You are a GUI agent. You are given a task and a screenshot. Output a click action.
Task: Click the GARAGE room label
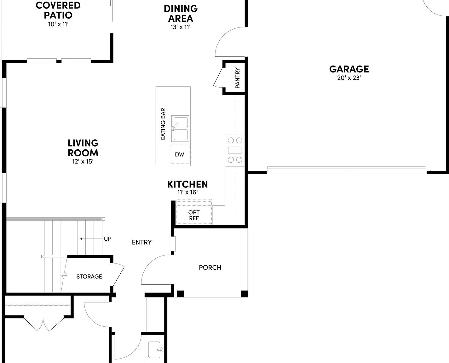coord(349,69)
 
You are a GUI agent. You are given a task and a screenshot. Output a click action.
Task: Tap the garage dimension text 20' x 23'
coord(349,78)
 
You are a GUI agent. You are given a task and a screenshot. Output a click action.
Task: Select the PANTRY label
coord(238,78)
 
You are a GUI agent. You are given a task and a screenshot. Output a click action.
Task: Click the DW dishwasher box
coord(180,154)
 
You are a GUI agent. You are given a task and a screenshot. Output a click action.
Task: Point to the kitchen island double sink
coord(180,129)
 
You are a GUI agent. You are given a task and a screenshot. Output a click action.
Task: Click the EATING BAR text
coord(163,124)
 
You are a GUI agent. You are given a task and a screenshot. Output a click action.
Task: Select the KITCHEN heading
coord(187,184)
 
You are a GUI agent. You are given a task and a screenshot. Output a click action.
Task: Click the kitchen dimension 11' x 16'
coord(187,192)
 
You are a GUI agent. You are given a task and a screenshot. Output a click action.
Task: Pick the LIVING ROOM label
coord(83,148)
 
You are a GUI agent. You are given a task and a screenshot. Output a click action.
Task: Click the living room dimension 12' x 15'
coord(83,161)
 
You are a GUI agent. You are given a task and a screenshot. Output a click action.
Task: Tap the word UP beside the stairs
coord(108,239)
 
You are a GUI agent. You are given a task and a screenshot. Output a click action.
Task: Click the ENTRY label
coord(142,242)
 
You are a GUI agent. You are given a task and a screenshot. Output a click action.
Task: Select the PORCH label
coord(210,268)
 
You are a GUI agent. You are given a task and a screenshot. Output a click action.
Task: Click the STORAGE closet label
coord(89,277)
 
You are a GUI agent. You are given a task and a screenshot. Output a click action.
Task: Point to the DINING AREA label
coord(181,14)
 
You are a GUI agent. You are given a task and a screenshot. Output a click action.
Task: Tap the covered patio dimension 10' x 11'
coord(58,24)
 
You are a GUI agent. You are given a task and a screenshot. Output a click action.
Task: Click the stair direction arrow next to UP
coord(91,239)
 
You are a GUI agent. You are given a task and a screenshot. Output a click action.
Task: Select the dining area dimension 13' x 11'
coord(181,27)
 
